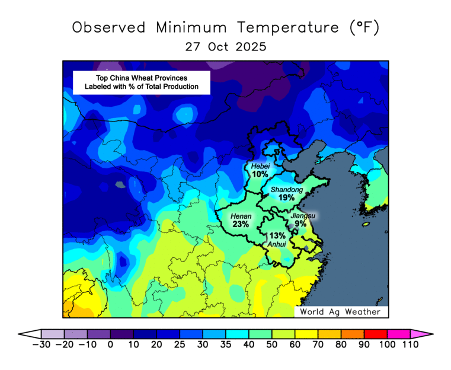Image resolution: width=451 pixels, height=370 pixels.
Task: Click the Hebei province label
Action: (260, 166)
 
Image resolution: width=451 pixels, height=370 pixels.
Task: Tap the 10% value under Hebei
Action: (260, 174)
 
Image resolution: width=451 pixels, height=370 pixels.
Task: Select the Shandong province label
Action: (287, 190)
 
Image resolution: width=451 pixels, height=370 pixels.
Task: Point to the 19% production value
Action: (287, 197)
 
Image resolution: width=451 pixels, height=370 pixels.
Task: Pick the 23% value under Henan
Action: (241, 225)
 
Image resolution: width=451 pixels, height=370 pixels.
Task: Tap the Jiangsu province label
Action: (303, 216)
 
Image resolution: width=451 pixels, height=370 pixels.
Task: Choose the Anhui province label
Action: (277, 244)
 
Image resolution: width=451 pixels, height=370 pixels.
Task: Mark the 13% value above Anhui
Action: (277, 235)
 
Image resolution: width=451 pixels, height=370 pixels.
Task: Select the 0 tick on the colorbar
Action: (110, 345)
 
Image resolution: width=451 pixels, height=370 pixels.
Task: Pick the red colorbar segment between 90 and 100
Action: (375, 334)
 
